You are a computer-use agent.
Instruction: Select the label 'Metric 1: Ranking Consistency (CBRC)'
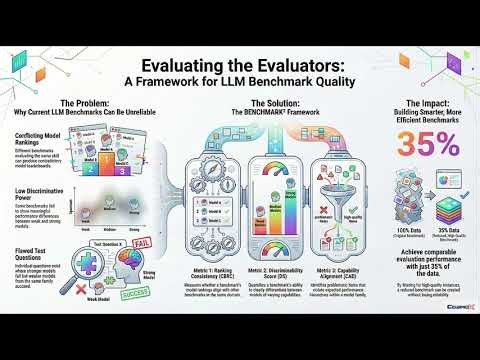point(200,275)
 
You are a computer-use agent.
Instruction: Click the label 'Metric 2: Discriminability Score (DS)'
point(267,275)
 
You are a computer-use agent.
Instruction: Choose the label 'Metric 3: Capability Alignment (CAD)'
point(335,275)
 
